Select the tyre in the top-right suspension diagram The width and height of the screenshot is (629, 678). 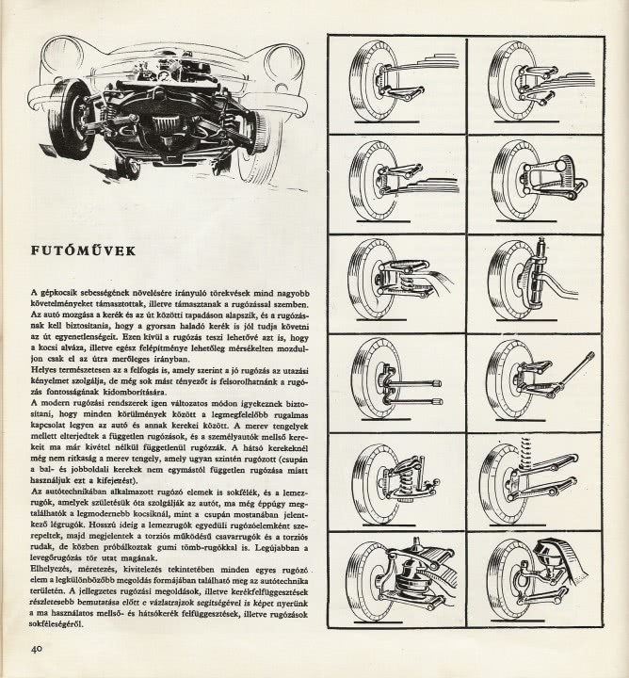[502, 81]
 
